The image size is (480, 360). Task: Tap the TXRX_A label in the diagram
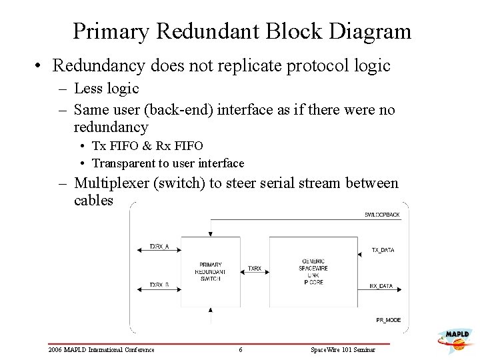[159, 246]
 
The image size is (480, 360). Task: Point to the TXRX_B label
[159, 285]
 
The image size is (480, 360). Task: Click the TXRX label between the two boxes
[254, 268]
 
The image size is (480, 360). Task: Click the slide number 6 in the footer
[241, 350]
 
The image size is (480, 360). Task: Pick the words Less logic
[106, 89]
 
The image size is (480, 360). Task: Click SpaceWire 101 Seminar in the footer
[343, 350]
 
